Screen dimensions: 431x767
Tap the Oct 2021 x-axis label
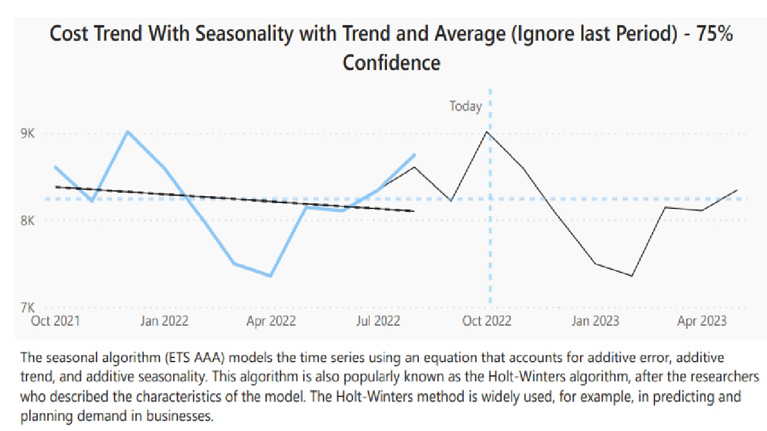55,321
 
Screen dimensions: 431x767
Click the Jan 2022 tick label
164,321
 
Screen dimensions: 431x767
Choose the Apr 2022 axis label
271,321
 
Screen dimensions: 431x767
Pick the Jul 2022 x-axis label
378,321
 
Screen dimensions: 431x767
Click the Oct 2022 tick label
487,321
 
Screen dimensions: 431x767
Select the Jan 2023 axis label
595,321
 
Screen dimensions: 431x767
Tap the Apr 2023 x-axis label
702,321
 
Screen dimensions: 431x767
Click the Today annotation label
466,107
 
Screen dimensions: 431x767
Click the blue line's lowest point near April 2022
271,276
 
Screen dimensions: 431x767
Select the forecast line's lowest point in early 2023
632,276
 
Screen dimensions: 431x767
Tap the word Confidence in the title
391,62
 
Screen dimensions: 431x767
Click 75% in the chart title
713,34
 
